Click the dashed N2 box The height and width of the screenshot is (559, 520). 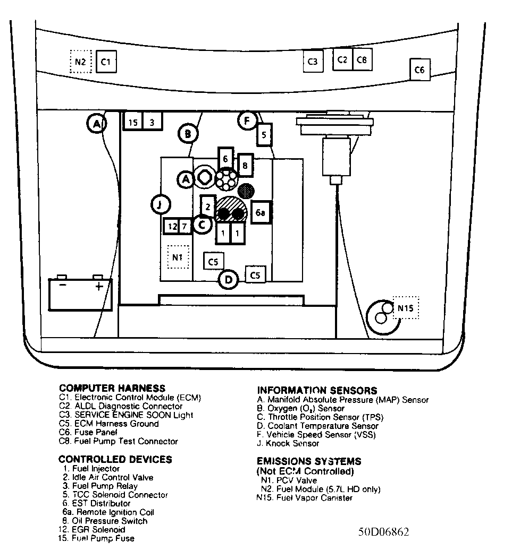81,62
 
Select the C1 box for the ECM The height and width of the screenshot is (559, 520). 106,62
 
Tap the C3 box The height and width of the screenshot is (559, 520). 313,62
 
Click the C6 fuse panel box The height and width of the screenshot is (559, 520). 420,70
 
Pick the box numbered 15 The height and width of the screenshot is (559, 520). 133,122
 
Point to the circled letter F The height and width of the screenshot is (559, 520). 247,121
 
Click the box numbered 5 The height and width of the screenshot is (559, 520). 264,134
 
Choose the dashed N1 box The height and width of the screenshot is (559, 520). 178,258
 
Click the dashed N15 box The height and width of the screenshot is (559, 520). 406,308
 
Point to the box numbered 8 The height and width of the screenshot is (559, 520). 245,165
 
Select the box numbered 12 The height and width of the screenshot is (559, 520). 171,227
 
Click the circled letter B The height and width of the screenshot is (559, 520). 188,134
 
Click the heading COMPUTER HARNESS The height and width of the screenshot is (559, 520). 112,388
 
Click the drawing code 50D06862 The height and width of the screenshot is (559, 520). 384,532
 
